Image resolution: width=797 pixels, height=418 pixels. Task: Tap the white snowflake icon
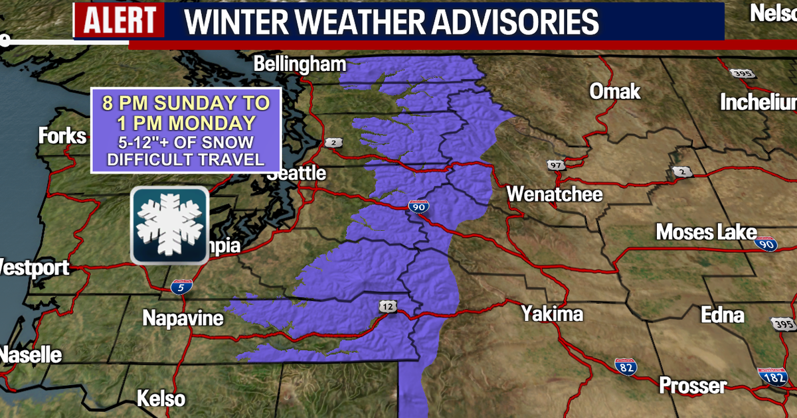point(169,226)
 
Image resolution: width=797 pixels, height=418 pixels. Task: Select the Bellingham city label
point(300,64)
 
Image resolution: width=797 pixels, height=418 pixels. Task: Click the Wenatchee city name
point(555,194)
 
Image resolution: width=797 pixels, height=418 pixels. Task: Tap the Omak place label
point(615,91)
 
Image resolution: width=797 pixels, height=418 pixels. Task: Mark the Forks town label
point(62,136)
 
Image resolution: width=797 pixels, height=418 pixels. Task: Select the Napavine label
point(183,318)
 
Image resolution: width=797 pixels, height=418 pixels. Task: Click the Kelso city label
point(161,399)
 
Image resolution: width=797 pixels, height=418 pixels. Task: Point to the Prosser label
point(693,385)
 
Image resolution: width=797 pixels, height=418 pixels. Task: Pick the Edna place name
point(723,314)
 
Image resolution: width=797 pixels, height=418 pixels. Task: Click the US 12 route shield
point(389,306)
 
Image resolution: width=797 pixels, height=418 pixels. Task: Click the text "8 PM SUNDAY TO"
point(185,104)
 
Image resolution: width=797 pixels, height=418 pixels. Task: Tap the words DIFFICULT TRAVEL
point(185,159)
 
